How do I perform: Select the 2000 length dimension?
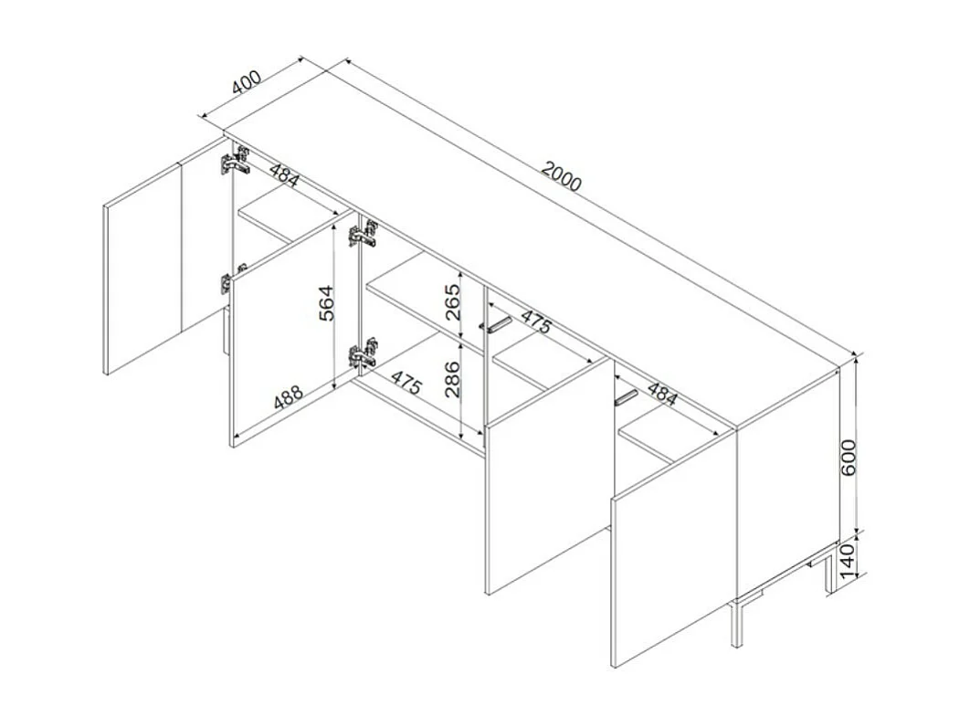[x=561, y=175]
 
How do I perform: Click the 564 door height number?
[x=326, y=303]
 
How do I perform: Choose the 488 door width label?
[x=289, y=399]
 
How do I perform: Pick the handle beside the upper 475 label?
[x=499, y=324]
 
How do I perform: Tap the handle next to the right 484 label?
[x=626, y=396]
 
